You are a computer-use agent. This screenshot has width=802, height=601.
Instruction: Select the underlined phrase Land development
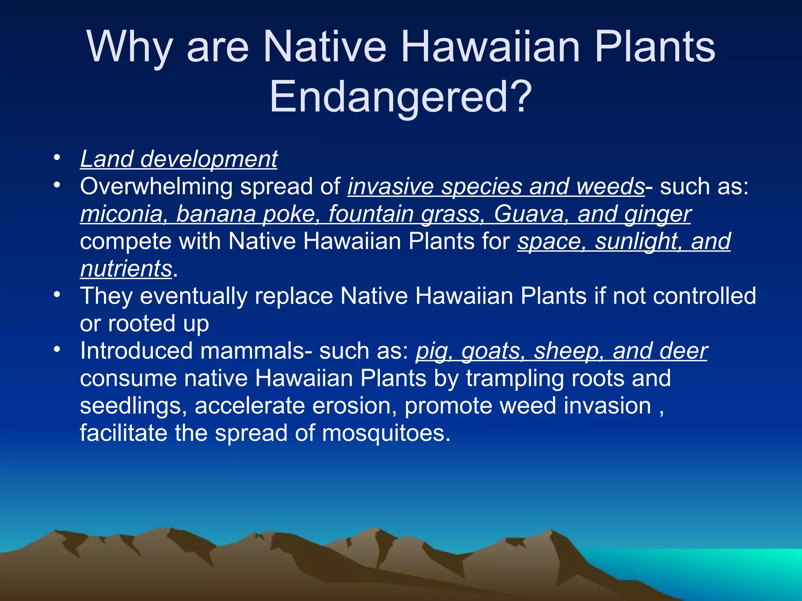coord(179,159)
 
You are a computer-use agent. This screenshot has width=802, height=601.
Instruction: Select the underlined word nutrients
coord(126,269)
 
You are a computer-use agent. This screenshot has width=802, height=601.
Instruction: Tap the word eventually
coord(193,296)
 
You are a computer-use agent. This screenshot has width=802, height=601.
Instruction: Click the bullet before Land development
coord(57,158)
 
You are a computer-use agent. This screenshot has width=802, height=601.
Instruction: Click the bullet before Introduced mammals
coord(57,349)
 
